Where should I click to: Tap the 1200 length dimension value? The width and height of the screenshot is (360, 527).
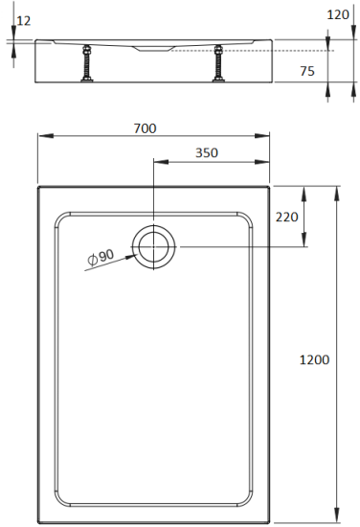click(x=314, y=360)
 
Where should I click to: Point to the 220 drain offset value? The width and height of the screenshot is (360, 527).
click(x=287, y=217)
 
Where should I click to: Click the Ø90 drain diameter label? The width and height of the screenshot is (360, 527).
click(x=100, y=256)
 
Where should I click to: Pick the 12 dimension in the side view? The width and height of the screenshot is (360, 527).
click(x=24, y=20)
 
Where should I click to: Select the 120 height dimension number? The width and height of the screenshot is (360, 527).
click(x=337, y=15)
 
